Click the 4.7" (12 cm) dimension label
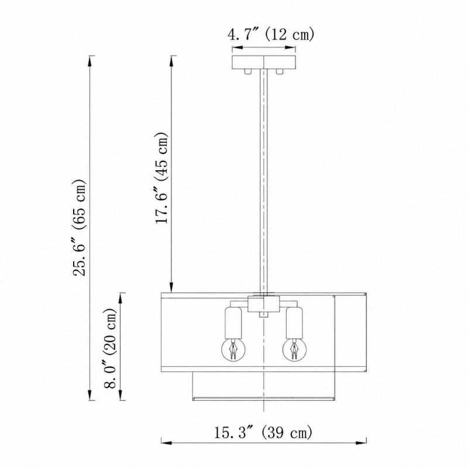tap(271, 35)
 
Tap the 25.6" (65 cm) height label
tap(80, 228)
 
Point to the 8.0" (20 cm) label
tap(110, 347)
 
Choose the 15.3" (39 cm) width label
tap(263, 432)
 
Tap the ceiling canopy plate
tap(264, 62)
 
